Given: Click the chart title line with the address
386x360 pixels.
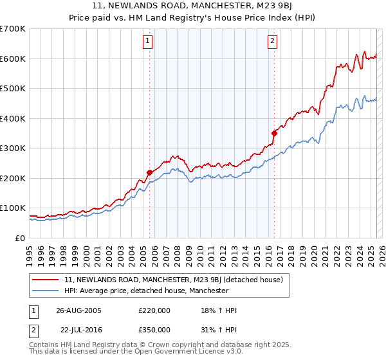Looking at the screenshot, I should coord(193,6).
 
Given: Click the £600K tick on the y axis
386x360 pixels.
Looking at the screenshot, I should coord(13,59).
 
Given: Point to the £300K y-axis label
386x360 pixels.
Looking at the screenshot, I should coord(13,148).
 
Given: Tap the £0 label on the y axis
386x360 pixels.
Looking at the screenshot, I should coord(19,238).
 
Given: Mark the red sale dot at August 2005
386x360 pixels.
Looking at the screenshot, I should coord(150,172).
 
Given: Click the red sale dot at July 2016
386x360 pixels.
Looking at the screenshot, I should coord(274,133).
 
